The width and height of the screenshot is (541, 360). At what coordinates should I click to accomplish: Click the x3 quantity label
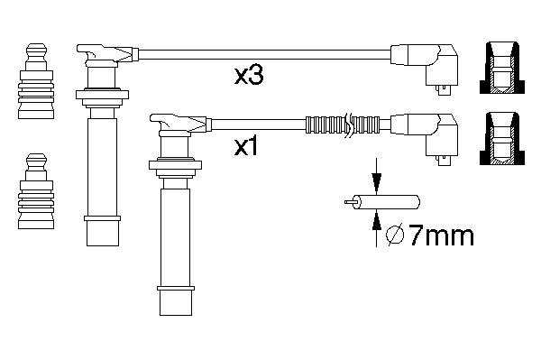(x=249, y=75)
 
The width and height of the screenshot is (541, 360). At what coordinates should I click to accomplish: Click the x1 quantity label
(x=245, y=147)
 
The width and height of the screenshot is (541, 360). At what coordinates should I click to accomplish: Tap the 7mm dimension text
(x=441, y=235)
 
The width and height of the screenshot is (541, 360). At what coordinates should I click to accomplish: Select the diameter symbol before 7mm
(x=394, y=235)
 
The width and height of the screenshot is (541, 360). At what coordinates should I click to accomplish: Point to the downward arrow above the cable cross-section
(x=376, y=175)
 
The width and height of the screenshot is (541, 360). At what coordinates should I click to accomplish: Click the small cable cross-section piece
(x=382, y=202)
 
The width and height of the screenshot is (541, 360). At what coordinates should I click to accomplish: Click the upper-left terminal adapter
(x=36, y=81)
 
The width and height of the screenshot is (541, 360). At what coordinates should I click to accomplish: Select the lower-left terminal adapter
(x=36, y=191)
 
